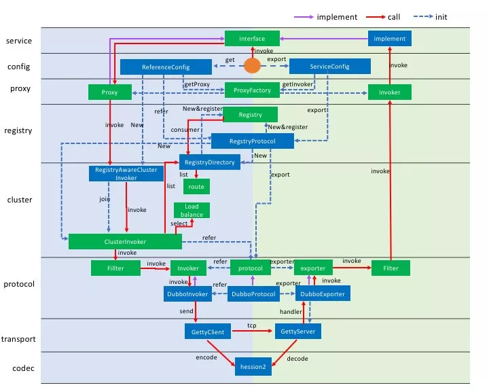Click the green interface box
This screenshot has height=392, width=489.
pyautogui.click(x=252, y=38)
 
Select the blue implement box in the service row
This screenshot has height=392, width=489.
pyautogui.click(x=390, y=38)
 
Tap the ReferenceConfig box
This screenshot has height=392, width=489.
pyautogui.click(x=166, y=67)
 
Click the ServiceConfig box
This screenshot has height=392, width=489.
pyautogui.click(x=330, y=67)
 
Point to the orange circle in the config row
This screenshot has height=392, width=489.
pyautogui.click(x=252, y=66)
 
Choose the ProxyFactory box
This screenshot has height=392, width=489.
pyautogui.click(x=252, y=90)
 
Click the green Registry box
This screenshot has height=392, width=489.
pyautogui.click(x=250, y=114)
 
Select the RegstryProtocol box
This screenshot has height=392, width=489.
pyautogui.click(x=252, y=141)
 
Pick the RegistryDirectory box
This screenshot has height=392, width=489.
pyautogui.click(x=210, y=162)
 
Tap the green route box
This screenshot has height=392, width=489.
pyautogui.click(x=196, y=186)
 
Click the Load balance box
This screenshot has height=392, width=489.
pyautogui.click(x=192, y=211)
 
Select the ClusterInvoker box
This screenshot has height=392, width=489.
pyautogui.click(x=125, y=242)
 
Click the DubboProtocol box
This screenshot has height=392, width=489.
pyautogui.click(x=253, y=293)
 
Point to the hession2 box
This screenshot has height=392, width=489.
pyautogui.click(x=253, y=367)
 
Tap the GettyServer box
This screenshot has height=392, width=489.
pyautogui.click(x=298, y=332)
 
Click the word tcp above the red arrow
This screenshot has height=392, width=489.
pyautogui.click(x=252, y=325)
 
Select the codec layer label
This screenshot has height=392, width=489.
pyautogui.click(x=23, y=368)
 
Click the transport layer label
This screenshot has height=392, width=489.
pyautogui.click(x=18, y=339)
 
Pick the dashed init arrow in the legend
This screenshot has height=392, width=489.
pyautogui.click(x=423, y=16)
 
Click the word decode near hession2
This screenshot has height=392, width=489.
pyautogui.click(x=297, y=359)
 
